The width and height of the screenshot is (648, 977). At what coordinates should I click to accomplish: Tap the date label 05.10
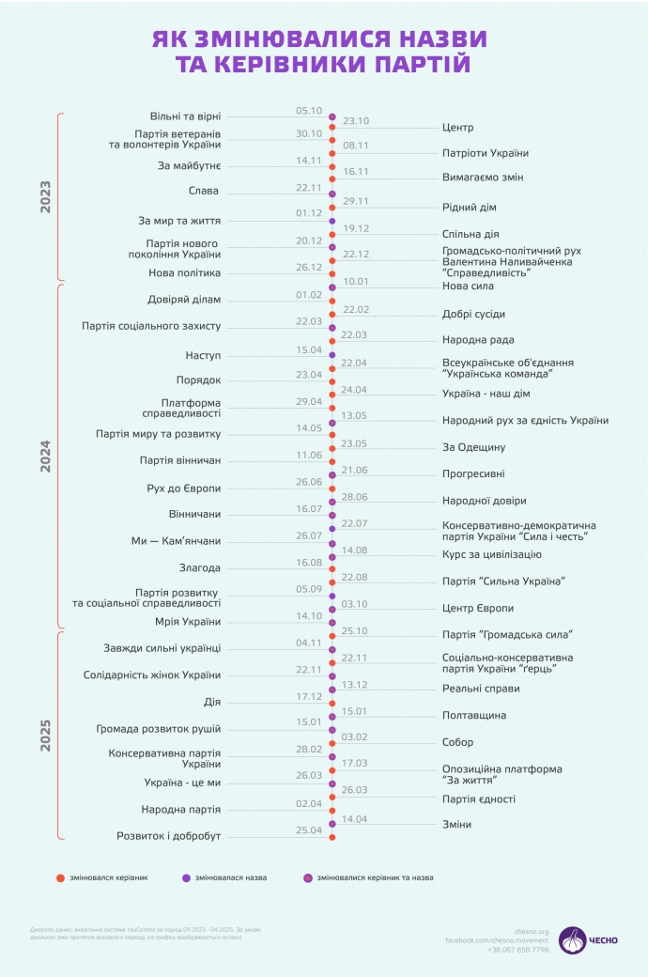(x=309, y=110)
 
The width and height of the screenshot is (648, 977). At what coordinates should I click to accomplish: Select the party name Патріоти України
(x=485, y=153)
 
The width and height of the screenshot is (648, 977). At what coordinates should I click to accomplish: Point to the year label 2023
(x=46, y=196)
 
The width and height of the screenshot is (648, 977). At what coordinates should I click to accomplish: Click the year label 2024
(x=46, y=455)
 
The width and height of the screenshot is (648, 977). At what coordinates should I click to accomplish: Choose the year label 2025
(x=46, y=735)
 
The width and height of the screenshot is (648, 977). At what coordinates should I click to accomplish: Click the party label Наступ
(x=203, y=356)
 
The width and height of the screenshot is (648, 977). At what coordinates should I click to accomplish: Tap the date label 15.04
(x=309, y=349)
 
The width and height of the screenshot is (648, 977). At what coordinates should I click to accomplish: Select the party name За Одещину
(x=474, y=447)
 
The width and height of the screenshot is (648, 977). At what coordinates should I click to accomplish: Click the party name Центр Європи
(x=478, y=609)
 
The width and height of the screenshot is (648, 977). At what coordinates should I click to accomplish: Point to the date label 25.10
(x=356, y=630)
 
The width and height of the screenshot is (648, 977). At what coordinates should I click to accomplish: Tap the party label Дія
(x=212, y=702)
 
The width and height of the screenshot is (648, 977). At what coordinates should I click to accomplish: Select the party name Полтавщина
(x=474, y=715)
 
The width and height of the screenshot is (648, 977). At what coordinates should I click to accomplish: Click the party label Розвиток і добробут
(x=169, y=835)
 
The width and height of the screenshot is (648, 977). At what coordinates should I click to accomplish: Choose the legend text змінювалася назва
(x=231, y=878)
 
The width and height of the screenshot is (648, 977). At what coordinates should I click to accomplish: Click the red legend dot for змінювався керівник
(x=60, y=878)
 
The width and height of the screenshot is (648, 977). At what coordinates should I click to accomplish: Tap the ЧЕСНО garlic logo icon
(x=572, y=939)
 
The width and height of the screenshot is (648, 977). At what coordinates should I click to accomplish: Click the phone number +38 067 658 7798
(x=517, y=950)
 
